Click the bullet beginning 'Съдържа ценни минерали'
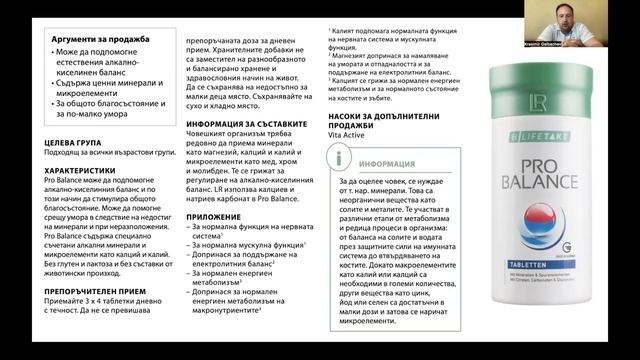(x=103, y=83)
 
